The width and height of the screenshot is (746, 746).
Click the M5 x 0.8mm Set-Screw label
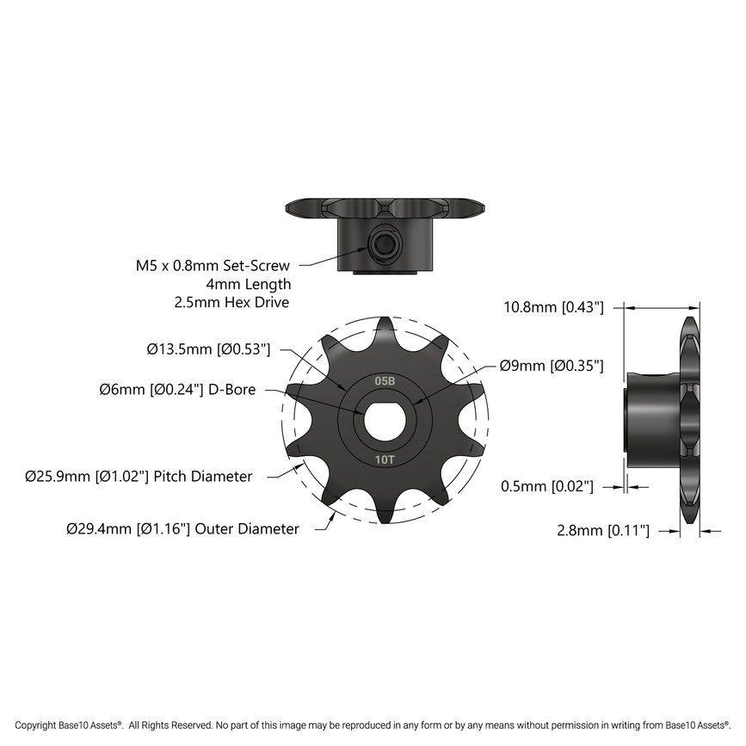point(213,266)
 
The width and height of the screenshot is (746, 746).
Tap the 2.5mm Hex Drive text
point(231,302)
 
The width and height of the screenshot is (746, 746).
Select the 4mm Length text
point(249,284)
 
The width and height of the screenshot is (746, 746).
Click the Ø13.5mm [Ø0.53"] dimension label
point(209,349)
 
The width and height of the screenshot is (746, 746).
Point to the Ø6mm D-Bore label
point(177,390)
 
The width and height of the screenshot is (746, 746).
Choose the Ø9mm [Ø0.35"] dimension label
point(551,366)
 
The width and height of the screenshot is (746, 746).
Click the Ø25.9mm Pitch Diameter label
point(139,476)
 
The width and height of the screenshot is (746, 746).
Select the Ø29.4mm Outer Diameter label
point(182,529)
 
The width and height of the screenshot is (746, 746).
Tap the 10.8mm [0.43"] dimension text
point(553,306)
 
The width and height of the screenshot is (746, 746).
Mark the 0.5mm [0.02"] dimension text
point(547,487)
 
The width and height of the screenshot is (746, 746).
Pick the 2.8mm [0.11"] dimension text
point(603,531)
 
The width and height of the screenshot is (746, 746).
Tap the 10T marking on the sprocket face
point(385,459)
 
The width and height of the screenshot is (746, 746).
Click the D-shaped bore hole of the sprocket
point(382,419)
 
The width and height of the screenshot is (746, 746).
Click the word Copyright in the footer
point(37,725)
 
